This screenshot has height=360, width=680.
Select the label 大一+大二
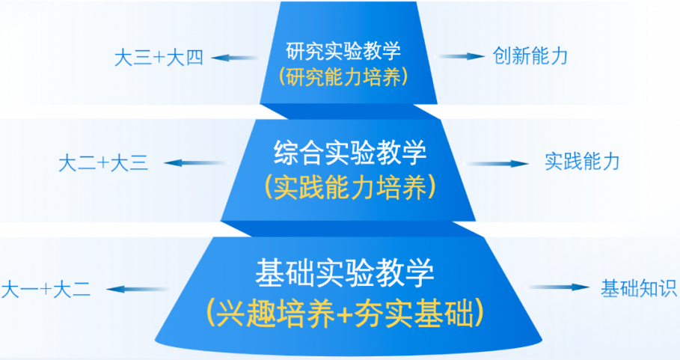[46, 289]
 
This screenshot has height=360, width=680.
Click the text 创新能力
[531, 56]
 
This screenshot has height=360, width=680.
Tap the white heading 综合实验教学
[350, 155]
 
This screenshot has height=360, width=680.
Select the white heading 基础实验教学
[345, 272]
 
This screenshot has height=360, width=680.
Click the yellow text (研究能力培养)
[344, 77]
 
